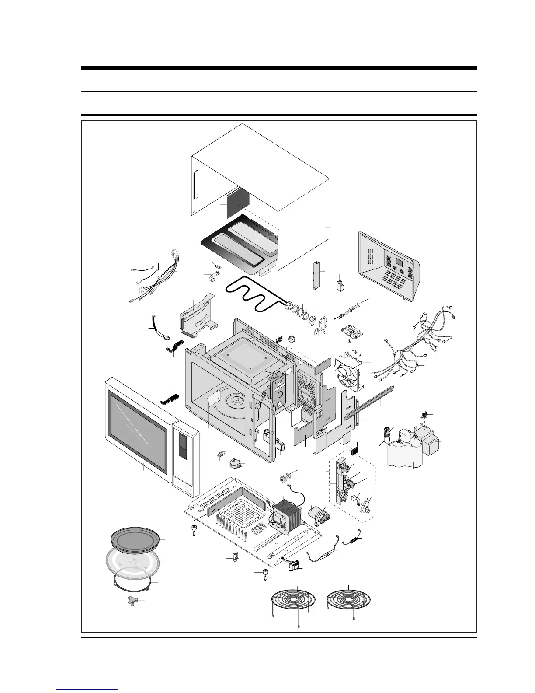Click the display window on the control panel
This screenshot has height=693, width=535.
(399, 262)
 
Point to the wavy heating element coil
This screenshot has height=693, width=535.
(254, 297)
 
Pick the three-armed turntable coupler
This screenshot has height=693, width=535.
(135, 600)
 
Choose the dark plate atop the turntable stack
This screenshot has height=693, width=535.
(135, 539)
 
